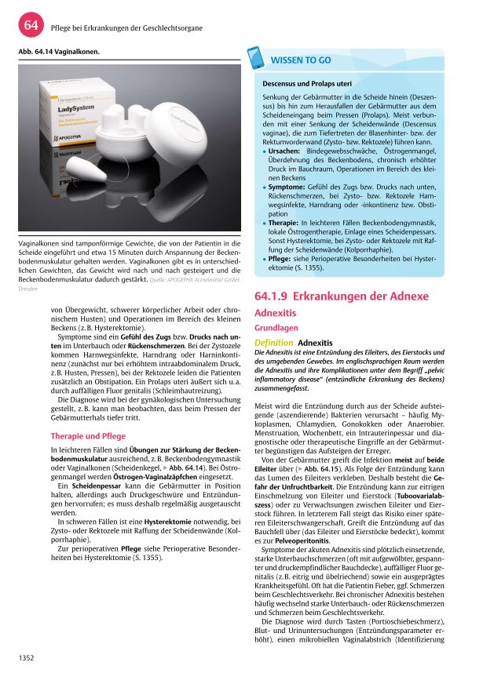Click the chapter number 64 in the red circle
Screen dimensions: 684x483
[x=31, y=26]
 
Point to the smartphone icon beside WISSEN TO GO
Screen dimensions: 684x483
[x=254, y=59]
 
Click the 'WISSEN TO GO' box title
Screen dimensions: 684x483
[x=301, y=60]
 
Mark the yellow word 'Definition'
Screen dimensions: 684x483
[x=274, y=343]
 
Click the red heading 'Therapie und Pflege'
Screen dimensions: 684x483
[x=87, y=435]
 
